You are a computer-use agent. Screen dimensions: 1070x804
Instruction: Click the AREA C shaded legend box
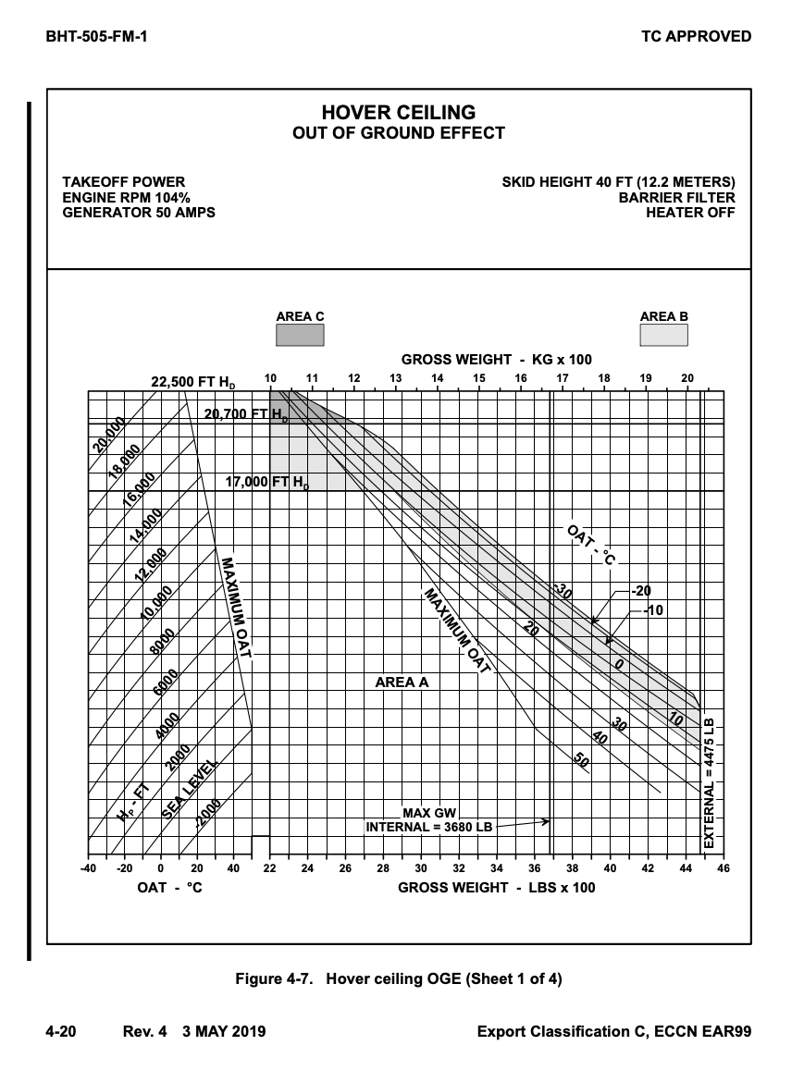click(x=300, y=335)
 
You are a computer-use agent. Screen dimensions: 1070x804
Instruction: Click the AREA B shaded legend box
click(x=663, y=335)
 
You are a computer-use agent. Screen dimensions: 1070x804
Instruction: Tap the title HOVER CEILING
click(x=399, y=113)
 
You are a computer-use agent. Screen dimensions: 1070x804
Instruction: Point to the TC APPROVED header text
click(x=696, y=37)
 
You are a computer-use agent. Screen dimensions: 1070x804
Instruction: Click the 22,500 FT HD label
click(x=192, y=383)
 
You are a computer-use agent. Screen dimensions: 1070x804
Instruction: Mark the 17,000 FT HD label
click(x=267, y=482)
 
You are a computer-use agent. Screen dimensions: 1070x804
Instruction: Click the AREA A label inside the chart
click(x=402, y=683)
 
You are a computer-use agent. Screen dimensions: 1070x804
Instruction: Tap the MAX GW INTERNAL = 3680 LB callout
click(x=429, y=819)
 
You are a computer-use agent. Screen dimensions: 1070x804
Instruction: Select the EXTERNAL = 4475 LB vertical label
click(x=709, y=782)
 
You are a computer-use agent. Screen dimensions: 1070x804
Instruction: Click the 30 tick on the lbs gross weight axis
click(x=421, y=868)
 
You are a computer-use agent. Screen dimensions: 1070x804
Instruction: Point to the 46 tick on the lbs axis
click(x=723, y=868)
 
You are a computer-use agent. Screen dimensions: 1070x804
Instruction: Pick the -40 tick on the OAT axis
click(x=88, y=868)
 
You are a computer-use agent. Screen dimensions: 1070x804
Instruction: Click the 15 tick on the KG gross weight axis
click(x=479, y=378)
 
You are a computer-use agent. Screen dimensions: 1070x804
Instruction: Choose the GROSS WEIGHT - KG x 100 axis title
click(x=496, y=359)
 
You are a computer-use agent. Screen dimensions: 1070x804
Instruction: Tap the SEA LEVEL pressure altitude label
click(x=191, y=791)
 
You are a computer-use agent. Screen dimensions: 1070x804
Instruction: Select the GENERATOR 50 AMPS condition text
click(x=139, y=213)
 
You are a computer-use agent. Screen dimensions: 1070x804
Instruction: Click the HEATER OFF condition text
click(x=690, y=213)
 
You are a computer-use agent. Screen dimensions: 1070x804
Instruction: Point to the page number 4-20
click(x=61, y=1031)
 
